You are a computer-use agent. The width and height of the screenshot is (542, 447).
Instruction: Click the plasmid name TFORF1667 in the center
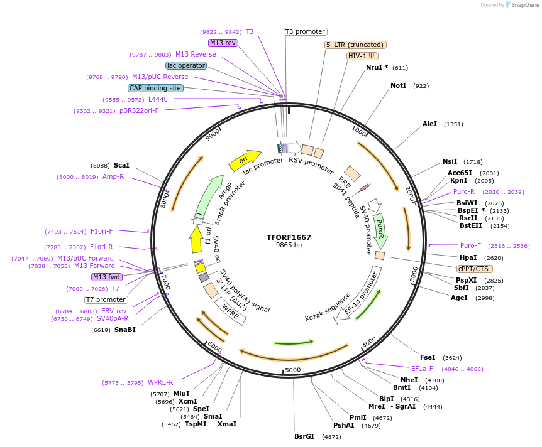pyautogui.click(x=289, y=237)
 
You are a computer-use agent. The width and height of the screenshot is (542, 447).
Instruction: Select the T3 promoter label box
pyautogui.click(x=305, y=31)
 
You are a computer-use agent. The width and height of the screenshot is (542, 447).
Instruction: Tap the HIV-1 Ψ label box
pyautogui.click(x=362, y=56)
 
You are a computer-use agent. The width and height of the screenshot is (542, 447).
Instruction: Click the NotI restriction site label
pyautogui.click(x=398, y=85)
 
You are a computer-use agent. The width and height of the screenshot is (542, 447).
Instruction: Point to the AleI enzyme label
pyautogui.click(x=429, y=124)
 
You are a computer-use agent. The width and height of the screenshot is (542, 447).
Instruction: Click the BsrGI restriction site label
pyautogui.click(x=304, y=436)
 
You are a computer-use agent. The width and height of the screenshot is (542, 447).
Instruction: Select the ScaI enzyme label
pyautogui.click(x=121, y=165)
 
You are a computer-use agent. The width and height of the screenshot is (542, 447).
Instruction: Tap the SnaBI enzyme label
pyautogui.click(x=124, y=330)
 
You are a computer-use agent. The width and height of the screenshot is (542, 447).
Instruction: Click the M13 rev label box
pyautogui.click(x=223, y=43)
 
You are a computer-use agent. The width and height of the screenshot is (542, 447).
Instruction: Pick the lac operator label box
pyautogui.click(x=186, y=65)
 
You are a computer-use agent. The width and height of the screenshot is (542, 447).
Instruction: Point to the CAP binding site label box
pyautogui.click(x=155, y=89)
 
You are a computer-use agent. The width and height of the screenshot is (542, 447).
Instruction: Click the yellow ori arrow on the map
pyautogui.click(x=245, y=160)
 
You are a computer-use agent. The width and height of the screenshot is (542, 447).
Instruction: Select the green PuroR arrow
pyautogui.click(x=380, y=229)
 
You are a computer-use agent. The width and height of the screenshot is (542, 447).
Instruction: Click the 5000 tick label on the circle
pyautogui.click(x=293, y=370)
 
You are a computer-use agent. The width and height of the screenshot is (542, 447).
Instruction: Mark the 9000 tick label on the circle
pyautogui.click(x=213, y=134)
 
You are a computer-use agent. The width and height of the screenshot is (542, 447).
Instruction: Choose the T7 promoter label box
pyautogui.click(x=106, y=299)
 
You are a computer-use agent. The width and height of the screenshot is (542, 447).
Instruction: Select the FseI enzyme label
pyautogui.click(x=427, y=357)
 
